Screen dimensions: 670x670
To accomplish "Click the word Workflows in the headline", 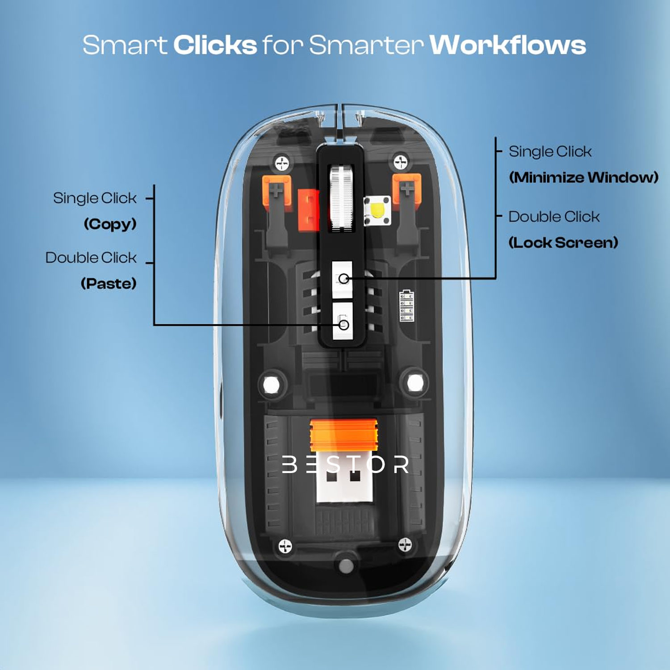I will coord(507,45).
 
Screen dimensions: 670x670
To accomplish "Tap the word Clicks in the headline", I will coord(215,45).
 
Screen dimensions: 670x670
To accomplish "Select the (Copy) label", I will coord(110,224).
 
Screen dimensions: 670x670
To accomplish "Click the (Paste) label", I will coord(109,283).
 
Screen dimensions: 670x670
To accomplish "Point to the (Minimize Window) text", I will coord(583,177).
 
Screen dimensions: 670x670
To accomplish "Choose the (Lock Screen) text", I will coord(563,243).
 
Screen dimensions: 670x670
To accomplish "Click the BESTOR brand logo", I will coord(345,465).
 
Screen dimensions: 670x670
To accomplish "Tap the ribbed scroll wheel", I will coord(342,197).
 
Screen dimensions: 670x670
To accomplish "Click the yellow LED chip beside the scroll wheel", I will coord(377,210).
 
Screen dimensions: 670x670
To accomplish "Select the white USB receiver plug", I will coord(344,485).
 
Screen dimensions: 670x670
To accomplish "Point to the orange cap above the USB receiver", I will coord(344,434).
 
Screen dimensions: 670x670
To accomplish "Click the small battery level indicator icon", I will coord(406,306).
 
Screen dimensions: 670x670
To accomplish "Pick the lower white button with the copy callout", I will coord(343,321).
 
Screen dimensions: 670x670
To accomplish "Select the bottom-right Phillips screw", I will coord(405,544).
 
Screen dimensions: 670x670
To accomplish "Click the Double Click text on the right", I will coord(554,217).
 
